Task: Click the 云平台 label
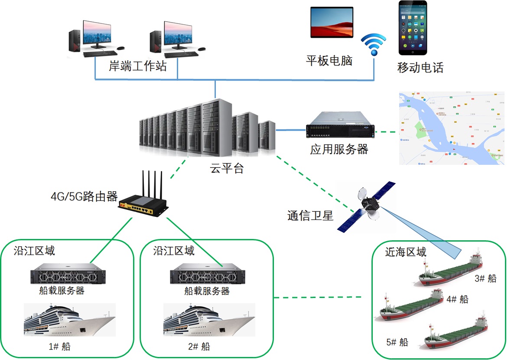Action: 227,169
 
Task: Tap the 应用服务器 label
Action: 339,149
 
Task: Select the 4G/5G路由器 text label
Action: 84,196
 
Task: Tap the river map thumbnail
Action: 452,128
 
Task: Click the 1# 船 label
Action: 60,346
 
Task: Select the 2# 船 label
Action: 199,346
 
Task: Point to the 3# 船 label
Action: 485,278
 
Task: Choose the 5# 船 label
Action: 397,342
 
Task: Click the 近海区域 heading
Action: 406,252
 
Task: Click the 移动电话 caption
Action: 420,68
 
